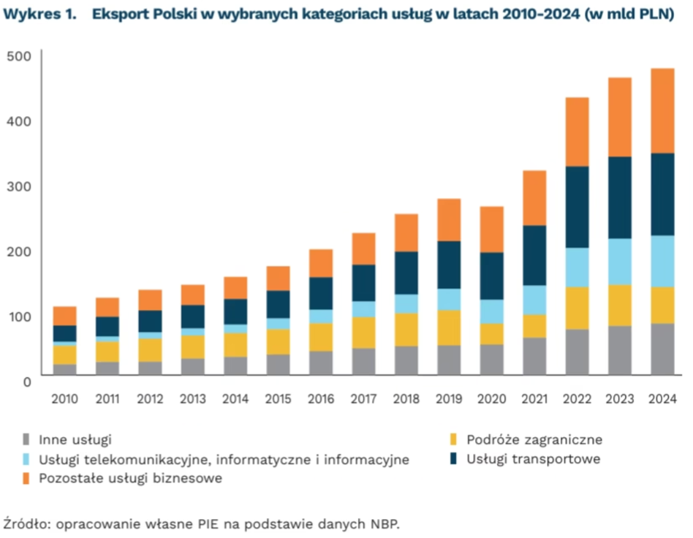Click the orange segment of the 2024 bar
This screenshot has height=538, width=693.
[x=663, y=110]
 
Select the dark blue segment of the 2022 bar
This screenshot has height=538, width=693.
[x=577, y=207]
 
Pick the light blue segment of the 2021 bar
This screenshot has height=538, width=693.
[x=534, y=300]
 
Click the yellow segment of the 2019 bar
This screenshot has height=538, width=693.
[x=449, y=327]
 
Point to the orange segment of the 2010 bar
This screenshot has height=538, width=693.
[x=65, y=316]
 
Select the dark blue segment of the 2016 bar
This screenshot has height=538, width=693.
[x=321, y=293]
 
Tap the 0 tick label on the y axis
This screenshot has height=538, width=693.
[x=27, y=381]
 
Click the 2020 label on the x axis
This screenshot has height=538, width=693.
[x=491, y=400]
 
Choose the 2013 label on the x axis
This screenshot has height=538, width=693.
[x=193, y=400]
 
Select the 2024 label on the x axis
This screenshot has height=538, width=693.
[x=662, y=400]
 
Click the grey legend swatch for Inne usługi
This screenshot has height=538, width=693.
[x=27, y=439]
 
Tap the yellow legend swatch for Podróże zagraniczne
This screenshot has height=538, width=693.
[x=453, y=439]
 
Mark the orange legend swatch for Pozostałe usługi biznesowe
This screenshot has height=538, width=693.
[x=27, y=478]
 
